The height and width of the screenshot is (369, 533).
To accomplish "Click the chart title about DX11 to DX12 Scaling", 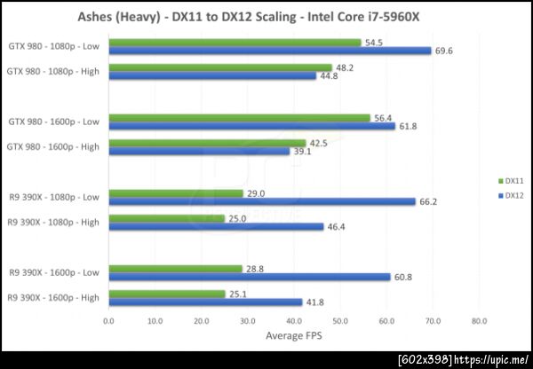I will tap(266, 15).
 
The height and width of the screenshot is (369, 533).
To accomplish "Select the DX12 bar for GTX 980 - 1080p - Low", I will tap(269, 51).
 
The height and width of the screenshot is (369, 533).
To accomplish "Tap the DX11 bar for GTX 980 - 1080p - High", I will tap(219, 67).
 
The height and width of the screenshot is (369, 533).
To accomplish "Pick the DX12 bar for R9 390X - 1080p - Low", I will tap(261, 201).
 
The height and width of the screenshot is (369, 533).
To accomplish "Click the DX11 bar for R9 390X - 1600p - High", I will tap(166, 294).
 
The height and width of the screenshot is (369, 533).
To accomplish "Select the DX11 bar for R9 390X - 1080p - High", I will tap(166, 218).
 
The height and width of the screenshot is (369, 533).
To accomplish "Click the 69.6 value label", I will tap(444, 51).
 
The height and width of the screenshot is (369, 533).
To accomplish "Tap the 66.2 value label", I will tap(428, 202).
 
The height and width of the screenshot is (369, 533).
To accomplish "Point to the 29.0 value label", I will tap(256, 192).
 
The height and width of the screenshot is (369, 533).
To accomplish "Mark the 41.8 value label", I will tap(315, 302).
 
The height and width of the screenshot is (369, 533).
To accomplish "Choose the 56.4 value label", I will tap(383, 117).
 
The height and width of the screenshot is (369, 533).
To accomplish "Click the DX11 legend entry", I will tap(509, 180).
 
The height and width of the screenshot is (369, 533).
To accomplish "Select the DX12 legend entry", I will tap(509, 196).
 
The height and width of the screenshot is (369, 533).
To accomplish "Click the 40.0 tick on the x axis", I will tap(293, 321).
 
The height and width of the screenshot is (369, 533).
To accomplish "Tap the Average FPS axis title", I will tap(293, 336).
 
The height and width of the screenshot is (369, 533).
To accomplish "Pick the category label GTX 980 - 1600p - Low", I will tap(54, 122).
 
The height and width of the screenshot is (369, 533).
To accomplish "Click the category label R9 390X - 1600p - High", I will tap(52, 297).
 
